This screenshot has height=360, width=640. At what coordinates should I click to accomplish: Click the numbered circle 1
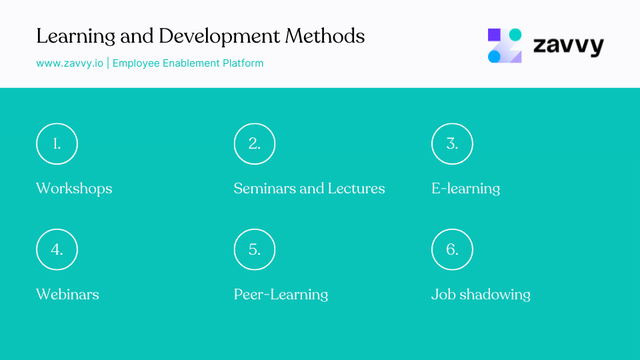pyautogui.click(x=57, y=143)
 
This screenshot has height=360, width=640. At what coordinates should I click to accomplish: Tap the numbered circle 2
pyautogui.click(x=255, y=143)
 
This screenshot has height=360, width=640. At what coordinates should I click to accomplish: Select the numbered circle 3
pyautogui.click(x=452, y=143)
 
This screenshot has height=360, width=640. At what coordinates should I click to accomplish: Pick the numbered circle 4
pyautogui.click(x=57, y=249)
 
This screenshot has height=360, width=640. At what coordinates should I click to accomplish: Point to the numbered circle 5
pyautogui.click(x=255, y=249)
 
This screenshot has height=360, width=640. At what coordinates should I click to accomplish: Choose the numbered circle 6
pyautogui.click(x=452, y=249)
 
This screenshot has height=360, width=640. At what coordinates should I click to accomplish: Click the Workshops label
pyautogui.click(x=74, y=189)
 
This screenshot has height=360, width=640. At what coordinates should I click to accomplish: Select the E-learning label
pyautogui.click(x=465, y=189)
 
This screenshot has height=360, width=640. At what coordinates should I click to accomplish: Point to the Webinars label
pyautogui.click(x=67, y=294)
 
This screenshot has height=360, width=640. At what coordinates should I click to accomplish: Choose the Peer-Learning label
pyautogui.click(x=281, y=294)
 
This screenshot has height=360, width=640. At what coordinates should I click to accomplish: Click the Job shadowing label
pyautogui.click(x=481, y=294)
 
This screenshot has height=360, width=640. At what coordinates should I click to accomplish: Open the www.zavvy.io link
pyautogui.click(x=69, y=63)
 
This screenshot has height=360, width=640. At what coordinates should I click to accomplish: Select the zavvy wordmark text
pyautogui.click(x=568, y=46)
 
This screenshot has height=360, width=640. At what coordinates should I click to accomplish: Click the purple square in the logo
pyautogui.click(x=494, y=35)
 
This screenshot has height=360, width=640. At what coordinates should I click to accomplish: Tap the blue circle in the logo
pyautogui.click(x=494, y=57)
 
